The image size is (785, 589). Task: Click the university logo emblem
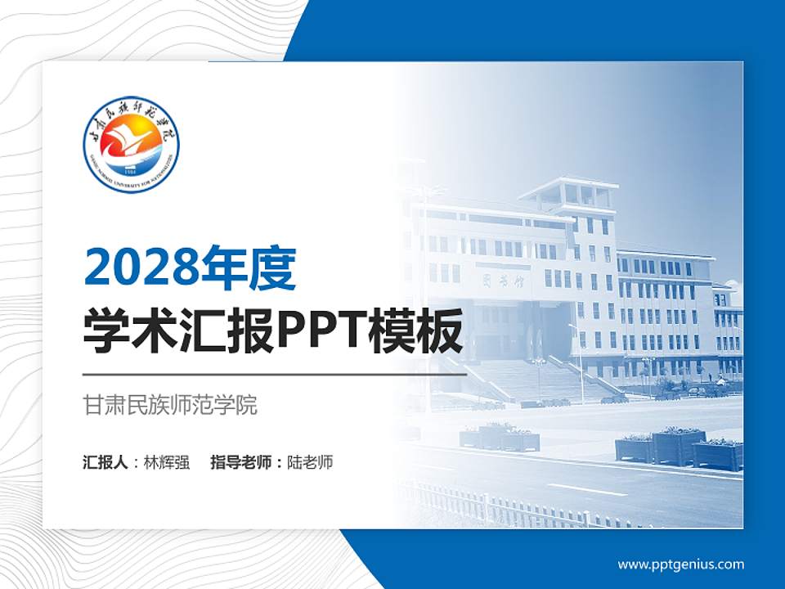click(131, 144)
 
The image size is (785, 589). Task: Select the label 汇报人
click(105, 462)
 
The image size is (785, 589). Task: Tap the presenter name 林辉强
click(167, 462)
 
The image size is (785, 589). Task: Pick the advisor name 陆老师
click(311, 462)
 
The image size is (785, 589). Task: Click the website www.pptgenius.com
click(680, 564)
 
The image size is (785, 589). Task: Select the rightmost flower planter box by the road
click(718, 456)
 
